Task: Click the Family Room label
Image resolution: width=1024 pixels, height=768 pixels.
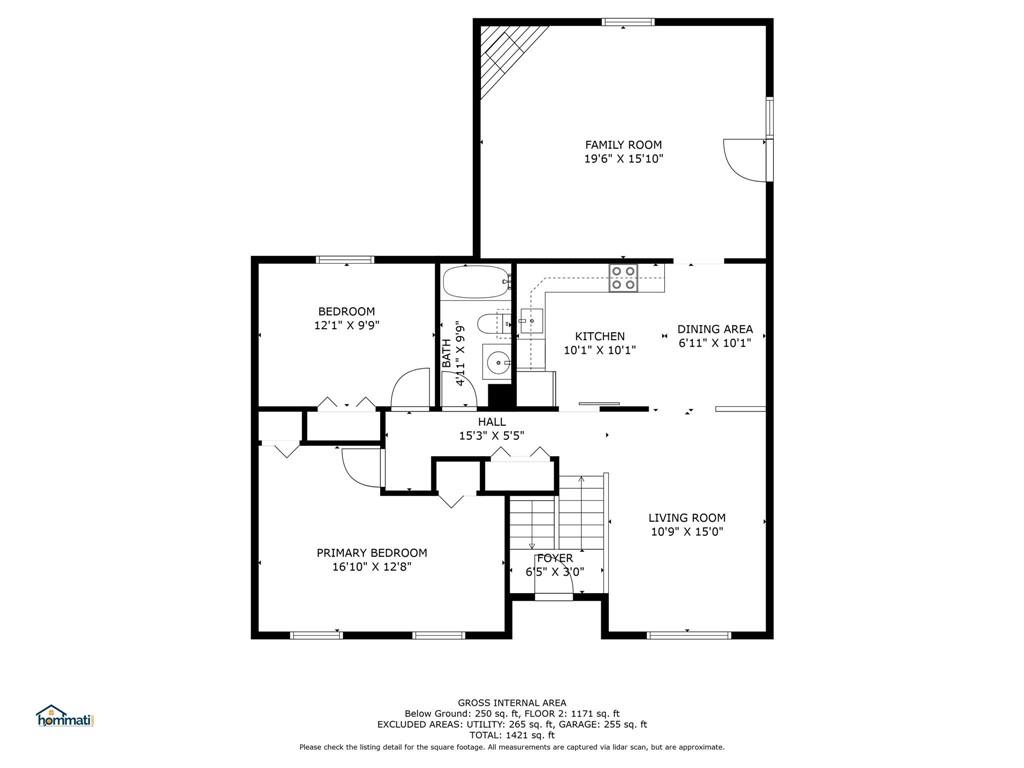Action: pos(623,145)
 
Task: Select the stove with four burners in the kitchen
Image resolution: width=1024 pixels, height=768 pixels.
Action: pos(624,277)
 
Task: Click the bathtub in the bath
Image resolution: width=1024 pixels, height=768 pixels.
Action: pos(475,282)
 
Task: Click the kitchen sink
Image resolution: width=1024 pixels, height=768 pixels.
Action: pos(531,321)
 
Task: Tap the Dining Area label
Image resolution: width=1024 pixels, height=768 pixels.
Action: pos(714,329)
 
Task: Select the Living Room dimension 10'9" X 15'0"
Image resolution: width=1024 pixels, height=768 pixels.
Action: pos(686,532)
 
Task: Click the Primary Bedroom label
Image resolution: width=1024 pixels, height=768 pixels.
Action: pos(371,553)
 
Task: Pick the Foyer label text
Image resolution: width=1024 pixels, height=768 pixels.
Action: pos(554,558)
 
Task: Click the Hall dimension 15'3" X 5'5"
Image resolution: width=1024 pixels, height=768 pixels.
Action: pos(491,436)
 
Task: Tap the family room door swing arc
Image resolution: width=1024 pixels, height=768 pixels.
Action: pos(738,159)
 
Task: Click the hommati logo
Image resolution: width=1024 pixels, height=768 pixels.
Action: pos(64,716)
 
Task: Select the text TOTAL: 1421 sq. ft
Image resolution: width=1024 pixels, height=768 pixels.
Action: pos(511,735)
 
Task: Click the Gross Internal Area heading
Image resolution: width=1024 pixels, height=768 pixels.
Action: pos(511,702)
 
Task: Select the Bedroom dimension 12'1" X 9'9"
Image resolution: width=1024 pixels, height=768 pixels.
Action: pos(346,325)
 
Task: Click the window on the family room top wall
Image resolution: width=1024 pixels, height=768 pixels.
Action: pos(628,21)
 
